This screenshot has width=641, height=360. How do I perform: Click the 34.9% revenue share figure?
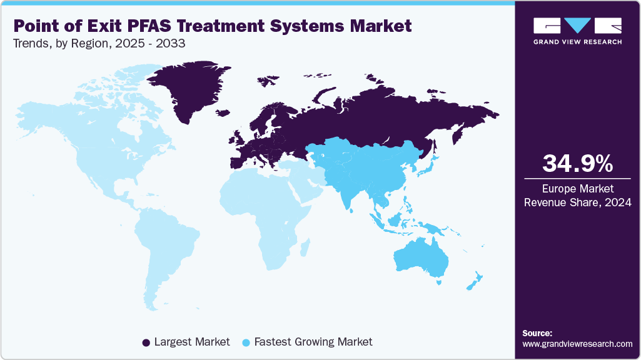pos(577,164)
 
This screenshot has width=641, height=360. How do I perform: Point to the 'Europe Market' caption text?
pos(577,188)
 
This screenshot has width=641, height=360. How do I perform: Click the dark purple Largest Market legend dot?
pos(146,342)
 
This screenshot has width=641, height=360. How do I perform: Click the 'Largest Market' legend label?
pos(191,342)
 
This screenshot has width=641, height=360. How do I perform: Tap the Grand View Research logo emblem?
pos(577,26)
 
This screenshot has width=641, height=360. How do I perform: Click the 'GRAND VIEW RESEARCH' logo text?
pos(577,42)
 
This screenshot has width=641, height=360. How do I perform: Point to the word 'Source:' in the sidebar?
pos(537,333)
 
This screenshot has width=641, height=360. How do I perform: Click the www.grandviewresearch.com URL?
pos(577,344)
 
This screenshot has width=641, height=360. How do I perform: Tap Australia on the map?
pos(420,256)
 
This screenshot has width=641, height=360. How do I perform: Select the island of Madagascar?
pos(306,249)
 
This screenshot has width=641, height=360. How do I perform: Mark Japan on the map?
pos(429,164)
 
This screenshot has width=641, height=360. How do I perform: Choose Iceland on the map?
pos(223,113)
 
